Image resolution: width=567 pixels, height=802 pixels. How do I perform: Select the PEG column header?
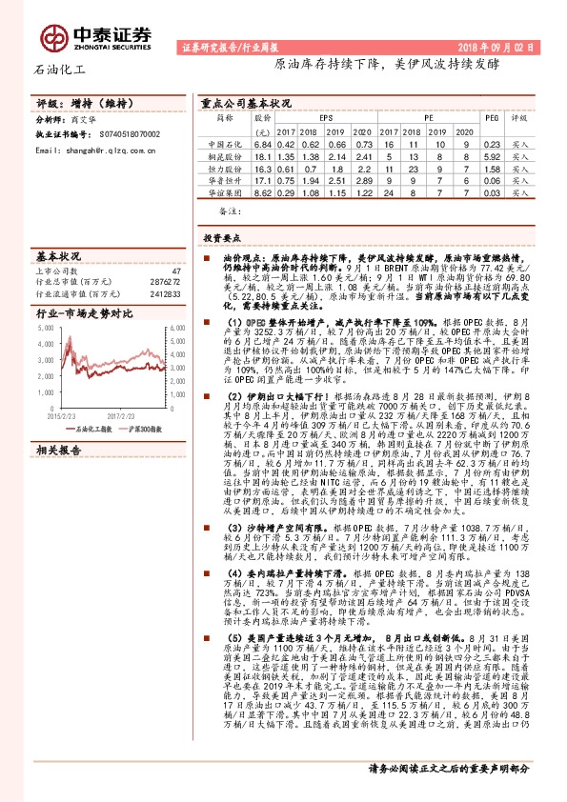(x=492, y=118)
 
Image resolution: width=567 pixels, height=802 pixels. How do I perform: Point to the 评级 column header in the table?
(x=519, y=118)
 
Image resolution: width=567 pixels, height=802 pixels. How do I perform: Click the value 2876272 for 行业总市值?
(x=165, y=283)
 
